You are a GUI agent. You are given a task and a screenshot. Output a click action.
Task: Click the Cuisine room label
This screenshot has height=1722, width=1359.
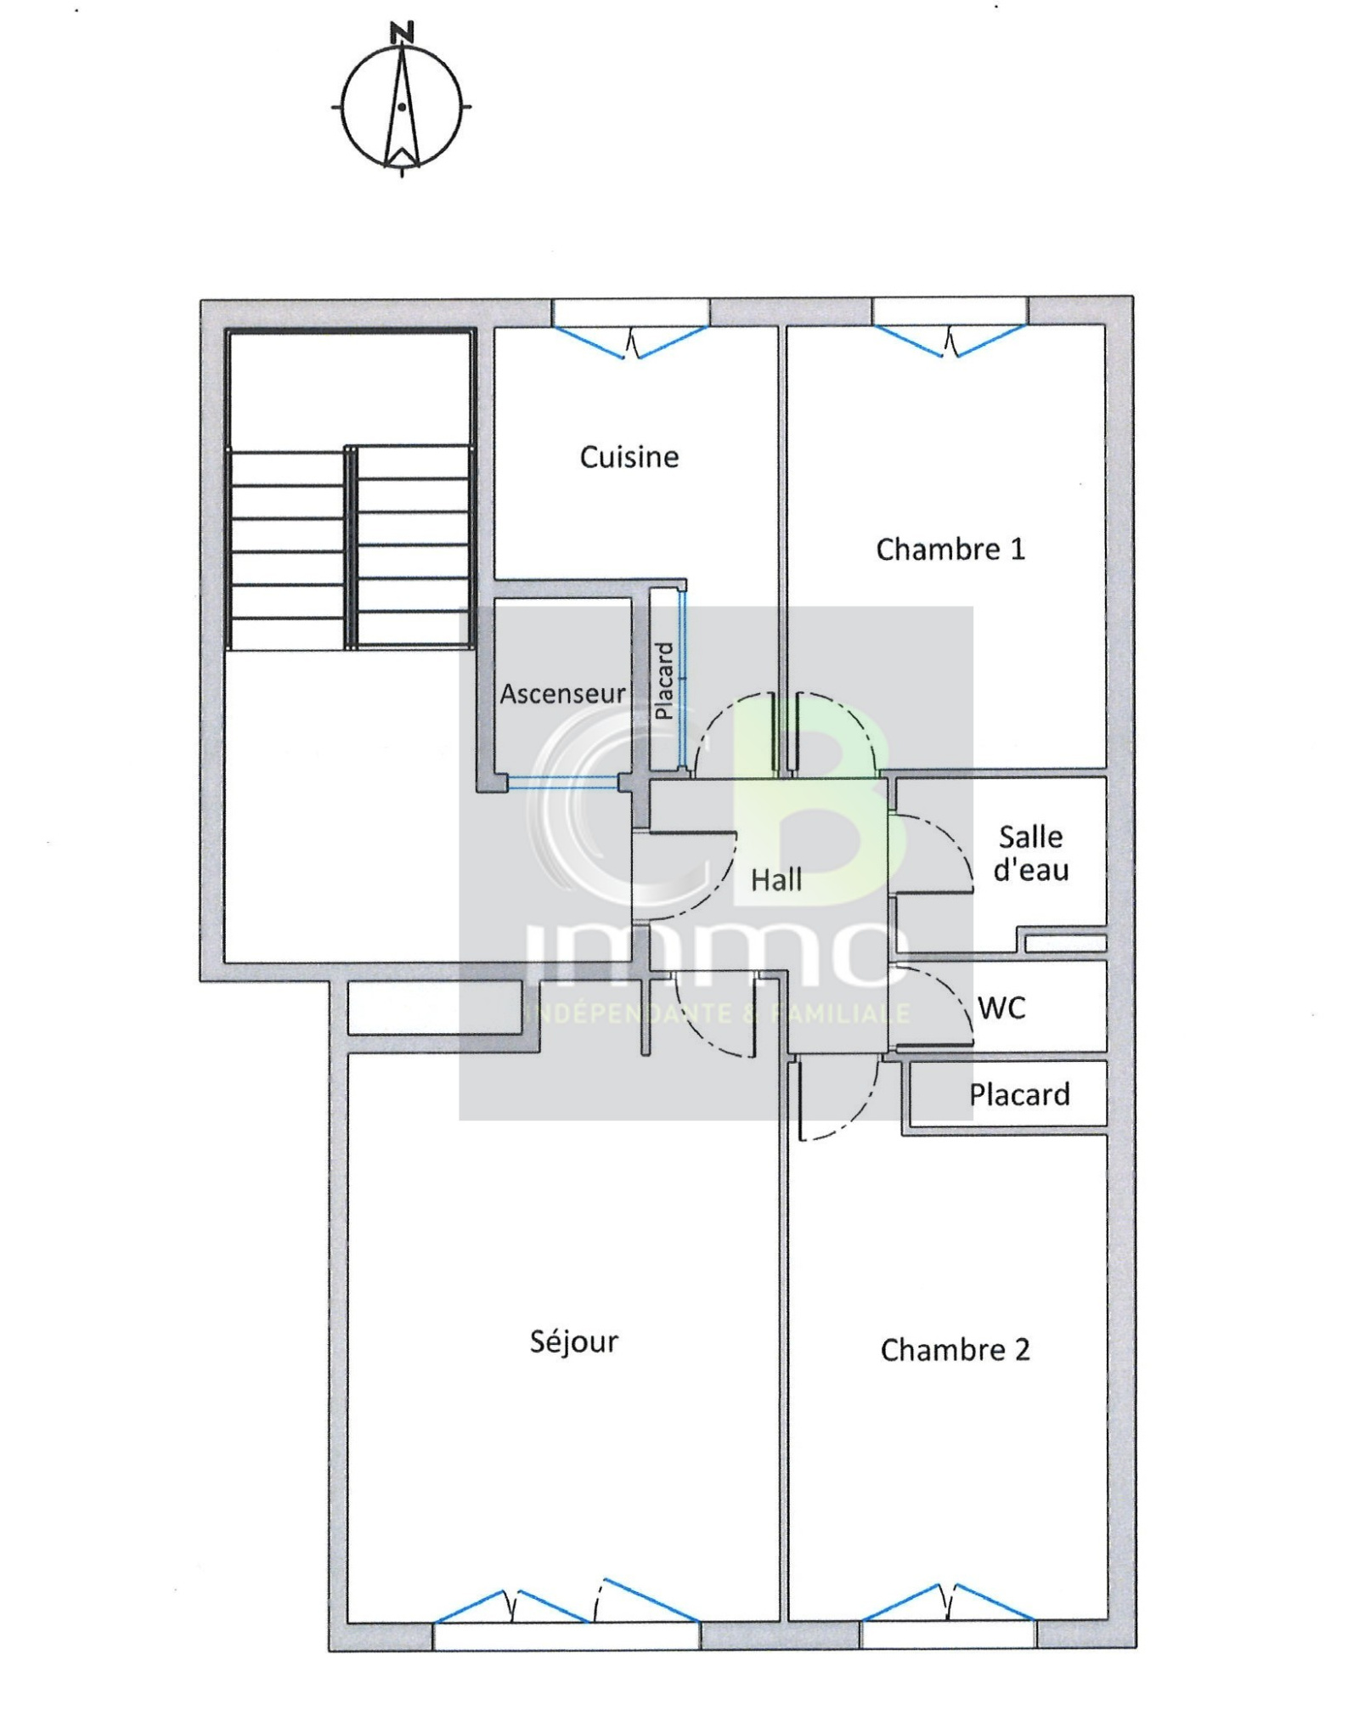(629, 457)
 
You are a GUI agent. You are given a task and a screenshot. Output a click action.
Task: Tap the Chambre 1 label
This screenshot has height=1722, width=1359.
(950, 550)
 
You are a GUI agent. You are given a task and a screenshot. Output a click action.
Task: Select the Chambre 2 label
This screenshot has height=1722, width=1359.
(955, 1350)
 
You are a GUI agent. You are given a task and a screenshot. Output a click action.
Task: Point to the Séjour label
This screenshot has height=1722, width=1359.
(573, 1342)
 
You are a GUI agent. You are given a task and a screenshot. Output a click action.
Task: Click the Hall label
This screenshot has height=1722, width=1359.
(776, 880)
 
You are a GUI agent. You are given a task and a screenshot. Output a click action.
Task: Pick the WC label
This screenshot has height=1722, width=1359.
(1001, 1008)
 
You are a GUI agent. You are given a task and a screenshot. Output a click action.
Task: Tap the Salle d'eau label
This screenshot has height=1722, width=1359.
(1030, 853)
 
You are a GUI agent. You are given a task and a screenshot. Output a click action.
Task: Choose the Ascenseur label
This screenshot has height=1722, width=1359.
(562, 694)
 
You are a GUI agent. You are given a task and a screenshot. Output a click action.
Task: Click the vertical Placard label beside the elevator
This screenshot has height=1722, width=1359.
(665, 680)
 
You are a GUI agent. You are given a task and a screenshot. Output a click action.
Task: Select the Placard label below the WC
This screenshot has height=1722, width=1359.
(1019, 1095)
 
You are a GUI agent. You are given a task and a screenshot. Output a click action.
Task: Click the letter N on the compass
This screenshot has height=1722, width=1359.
(402, 33)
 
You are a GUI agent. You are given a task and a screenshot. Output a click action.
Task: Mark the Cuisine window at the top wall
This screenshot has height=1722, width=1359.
(631, 327)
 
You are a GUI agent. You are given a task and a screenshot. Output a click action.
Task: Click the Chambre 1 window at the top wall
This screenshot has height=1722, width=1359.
(950, 325)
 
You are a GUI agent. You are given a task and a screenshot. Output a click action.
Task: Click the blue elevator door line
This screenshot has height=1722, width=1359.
(563, 782)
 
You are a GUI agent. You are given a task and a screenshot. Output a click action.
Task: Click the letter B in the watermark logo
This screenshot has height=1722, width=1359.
(815, 816)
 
